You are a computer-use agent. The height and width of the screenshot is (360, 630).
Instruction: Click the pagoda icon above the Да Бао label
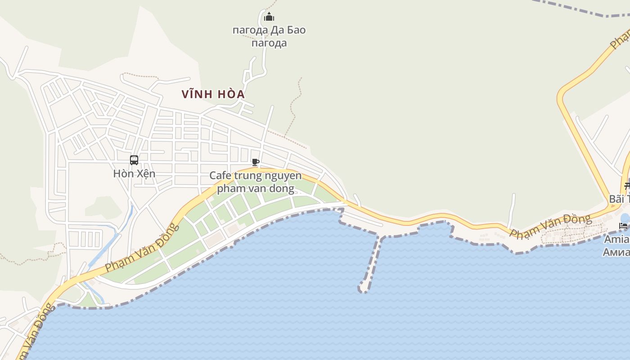[269, 17]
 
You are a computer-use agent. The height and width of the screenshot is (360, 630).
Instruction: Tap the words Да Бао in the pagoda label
[288, 30]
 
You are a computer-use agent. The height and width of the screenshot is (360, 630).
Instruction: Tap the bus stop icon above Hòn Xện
[134, 160]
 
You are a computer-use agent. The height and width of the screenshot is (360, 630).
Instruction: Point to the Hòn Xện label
[134, 173]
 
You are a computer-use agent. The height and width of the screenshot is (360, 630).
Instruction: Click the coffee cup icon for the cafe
[256, 162]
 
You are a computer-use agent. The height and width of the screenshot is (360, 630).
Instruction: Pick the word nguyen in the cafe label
[282, 175]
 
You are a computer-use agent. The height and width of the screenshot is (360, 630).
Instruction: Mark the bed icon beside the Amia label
[623, 225]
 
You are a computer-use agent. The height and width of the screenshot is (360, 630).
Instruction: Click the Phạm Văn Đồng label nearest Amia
[550, 227]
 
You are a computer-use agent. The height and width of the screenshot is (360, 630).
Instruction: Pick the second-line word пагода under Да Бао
[269, 43]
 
